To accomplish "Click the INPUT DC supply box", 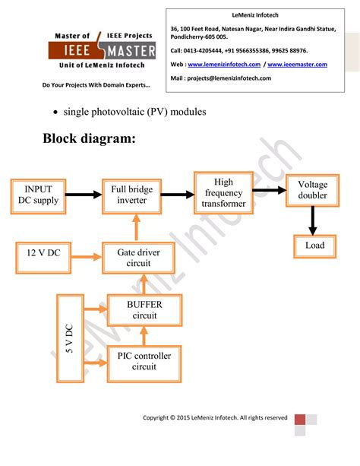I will tap(37, 195).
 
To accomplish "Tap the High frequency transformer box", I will tap(223, 193).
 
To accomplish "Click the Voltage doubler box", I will tap(312, 190).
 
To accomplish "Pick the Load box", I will tap(314, 246).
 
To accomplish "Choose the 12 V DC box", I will tap(43, 253).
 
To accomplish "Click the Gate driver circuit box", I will tap(134, 258).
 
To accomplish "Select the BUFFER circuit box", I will tap(134, 309).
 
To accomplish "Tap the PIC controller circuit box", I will tap(144, 360).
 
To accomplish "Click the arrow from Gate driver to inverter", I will tap(134, 228).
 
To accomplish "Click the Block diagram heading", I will tap(89, 138).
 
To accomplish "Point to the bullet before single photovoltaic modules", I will tap(56, 113).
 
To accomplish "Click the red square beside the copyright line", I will tap(300, 420).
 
